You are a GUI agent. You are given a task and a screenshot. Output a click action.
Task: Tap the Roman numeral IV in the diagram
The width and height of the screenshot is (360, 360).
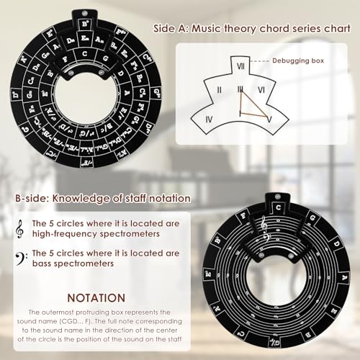point(209,118)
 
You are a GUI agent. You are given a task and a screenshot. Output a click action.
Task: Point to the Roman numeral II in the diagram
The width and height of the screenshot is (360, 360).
point(219,89)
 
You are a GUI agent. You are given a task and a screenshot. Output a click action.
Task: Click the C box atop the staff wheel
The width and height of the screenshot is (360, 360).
point(275,201)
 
